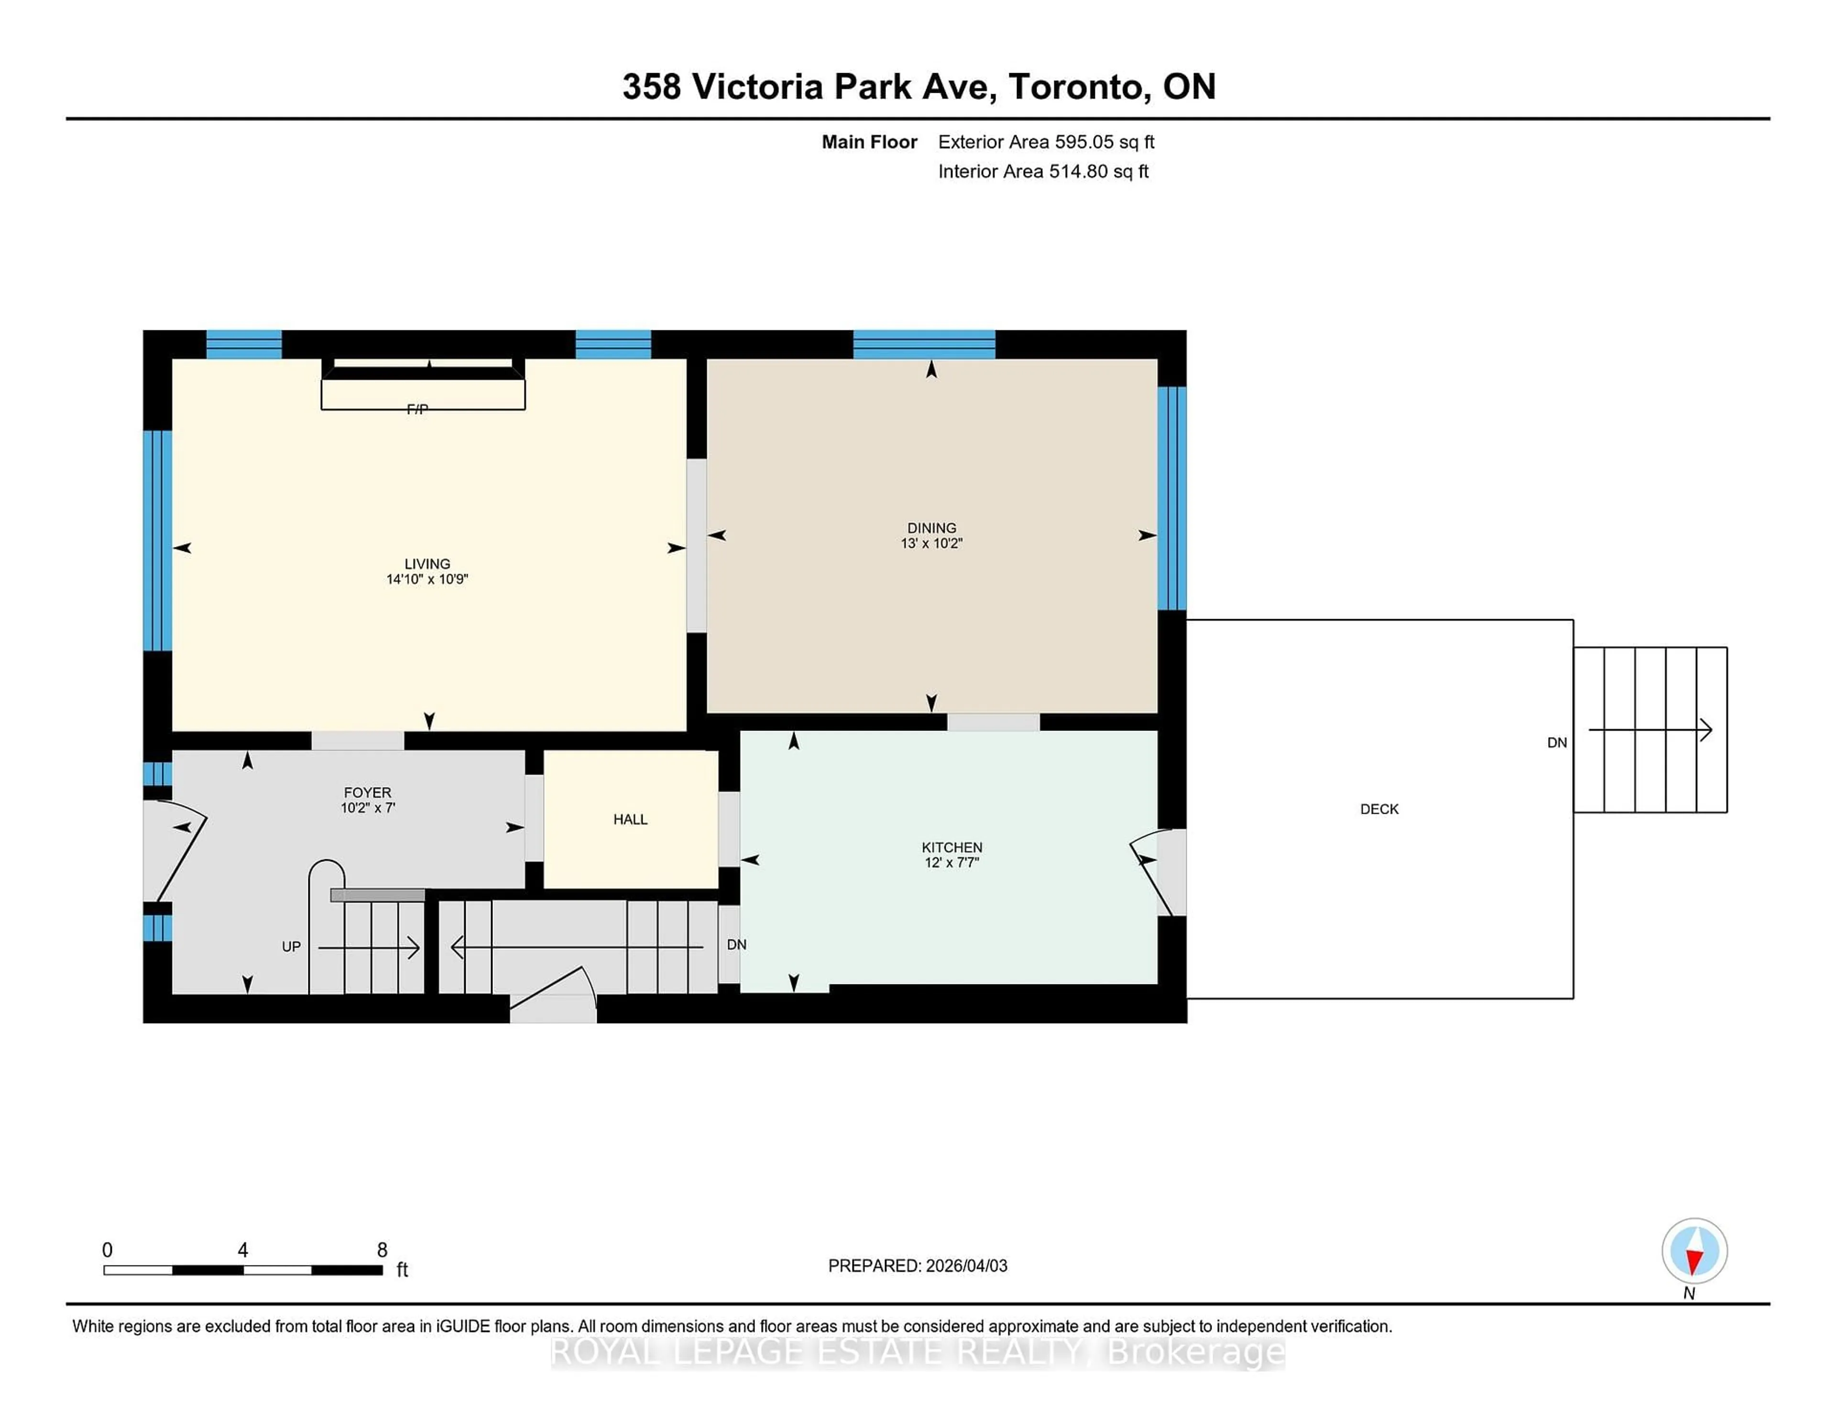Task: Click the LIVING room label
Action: click(x=427, y=563)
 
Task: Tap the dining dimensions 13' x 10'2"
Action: click(x=931, y=543)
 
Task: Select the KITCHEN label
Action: click(x=951, y=847)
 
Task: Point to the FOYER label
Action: click(x=367, y=792)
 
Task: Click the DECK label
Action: click(x=1379, y=808)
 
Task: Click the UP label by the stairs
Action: click(x=291, y=947)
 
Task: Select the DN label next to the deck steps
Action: click(x=1557, y=742)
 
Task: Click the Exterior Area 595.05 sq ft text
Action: click(x=1046, y=142)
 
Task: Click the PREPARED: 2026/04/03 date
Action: click(x=917, y=1265)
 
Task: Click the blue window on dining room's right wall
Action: click(x=1172, y=498)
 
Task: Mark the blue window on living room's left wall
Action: click(x=157, y=541)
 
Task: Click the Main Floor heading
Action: click(x=869, y=142)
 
